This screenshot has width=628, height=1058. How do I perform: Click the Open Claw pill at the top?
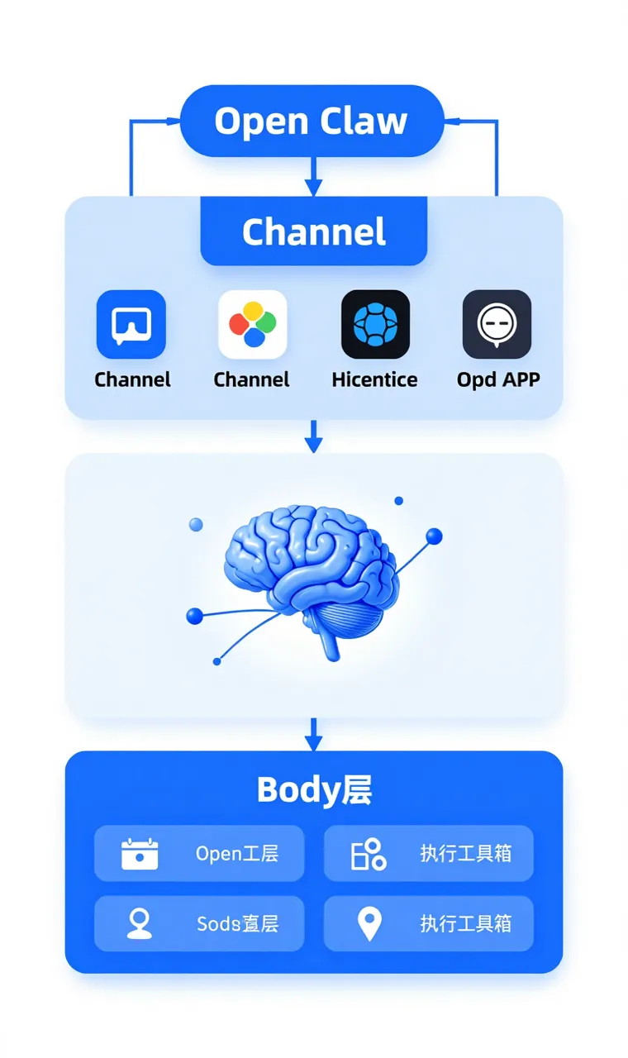click(x=312, y=122)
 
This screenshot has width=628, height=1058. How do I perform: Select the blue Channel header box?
click(x=314, y=231)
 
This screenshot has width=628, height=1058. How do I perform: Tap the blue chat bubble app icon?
click(x=131, y=324)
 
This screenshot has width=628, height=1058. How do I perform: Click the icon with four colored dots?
click(x=253, y=324)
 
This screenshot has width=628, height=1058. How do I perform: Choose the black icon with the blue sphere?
click(x=375, y=324)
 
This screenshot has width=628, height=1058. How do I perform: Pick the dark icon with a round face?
click(x=497, y=324)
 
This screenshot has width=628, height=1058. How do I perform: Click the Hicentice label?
click(x=374, y=379)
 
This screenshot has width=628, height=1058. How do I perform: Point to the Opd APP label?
click(x=498, y=379)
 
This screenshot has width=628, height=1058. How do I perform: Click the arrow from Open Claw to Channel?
click(x=312, y=176)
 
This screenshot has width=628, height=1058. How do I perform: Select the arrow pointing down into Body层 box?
click(x=312, y=735)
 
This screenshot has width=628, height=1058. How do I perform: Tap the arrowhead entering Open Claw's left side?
click(x=174, y=122)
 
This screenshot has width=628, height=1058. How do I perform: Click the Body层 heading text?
click(x=314, y=790)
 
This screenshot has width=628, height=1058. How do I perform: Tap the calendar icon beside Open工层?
click(x=140, y=854)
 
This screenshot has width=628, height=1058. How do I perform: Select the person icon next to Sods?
click(x=140, y=923)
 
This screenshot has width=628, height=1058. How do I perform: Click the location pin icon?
click(x=369, y=923)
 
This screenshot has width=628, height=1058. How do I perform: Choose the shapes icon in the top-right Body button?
click(x=369, y=854)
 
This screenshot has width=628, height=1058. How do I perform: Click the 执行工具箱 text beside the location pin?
click(x=466, y=923)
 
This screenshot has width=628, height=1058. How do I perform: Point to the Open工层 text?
click(x=237, y=854)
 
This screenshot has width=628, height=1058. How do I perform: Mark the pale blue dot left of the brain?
click(x=196, y=524)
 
